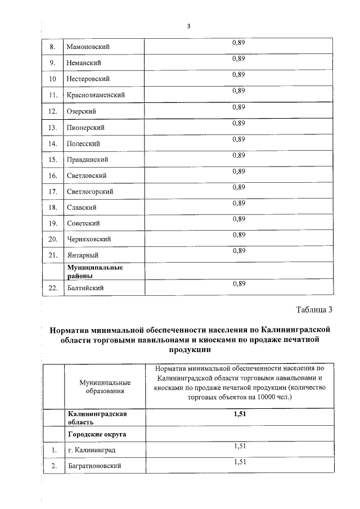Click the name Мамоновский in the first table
click(88, 46)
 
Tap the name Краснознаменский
click(96, 95)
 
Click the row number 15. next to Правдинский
click(53, 160)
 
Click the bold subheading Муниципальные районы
click(96, 272)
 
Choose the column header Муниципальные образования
click(101, 386)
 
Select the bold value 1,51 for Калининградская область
click(240, 414)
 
